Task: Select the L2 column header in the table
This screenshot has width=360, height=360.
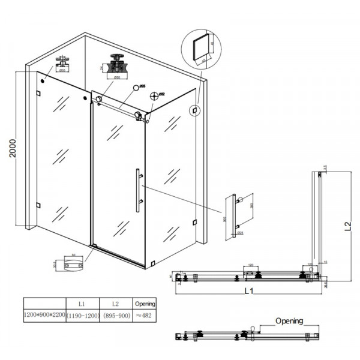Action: [x=115, y=304]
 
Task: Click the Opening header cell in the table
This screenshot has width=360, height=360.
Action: [x=145, y=304]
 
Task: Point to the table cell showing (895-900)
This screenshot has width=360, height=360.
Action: [x=115, y=314]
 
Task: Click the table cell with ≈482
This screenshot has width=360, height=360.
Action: [x=145, y=314]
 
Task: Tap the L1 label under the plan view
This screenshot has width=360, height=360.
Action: [x=247, y=292]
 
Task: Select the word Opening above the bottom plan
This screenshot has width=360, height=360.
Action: [x=289, y=321]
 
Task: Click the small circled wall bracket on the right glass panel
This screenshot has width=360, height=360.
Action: [x=194, y=110]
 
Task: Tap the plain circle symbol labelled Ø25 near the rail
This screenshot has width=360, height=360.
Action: [x=135, y=88]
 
